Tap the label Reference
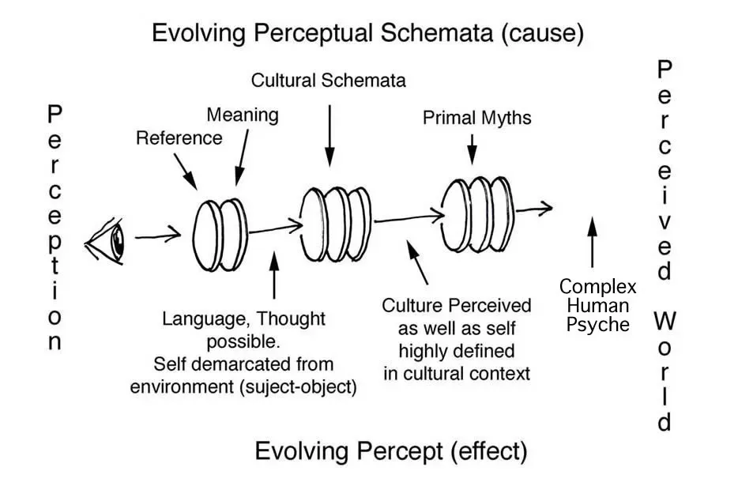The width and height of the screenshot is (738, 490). point(179,138)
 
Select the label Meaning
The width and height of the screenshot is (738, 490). point(243,115)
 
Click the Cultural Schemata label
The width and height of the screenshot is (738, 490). point(329,80)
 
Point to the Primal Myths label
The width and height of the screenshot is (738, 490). point(477,119)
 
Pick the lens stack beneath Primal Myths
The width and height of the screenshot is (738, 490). point(476,204)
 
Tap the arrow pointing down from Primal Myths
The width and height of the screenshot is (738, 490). point(472,148)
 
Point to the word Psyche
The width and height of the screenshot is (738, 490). point(598,325)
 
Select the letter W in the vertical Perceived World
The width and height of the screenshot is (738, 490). point(665,321)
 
